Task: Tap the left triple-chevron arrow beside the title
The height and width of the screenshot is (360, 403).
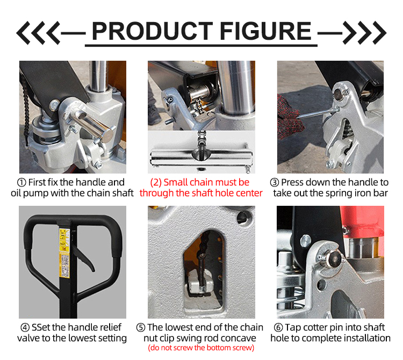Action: (x=38, y=33)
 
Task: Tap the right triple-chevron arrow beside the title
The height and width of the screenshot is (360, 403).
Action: (x=365, y=33)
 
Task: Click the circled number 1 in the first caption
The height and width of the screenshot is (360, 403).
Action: (x=22, y=183)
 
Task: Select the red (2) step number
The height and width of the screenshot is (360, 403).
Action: (x=156, y=183)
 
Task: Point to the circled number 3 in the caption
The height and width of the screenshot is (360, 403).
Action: (x=274, y=183)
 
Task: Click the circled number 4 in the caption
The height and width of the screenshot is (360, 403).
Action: (x=25, y=327)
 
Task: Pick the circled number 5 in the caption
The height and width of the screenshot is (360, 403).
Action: (x=141, y=327)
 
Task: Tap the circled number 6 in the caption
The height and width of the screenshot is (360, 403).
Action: (x=278, y=327)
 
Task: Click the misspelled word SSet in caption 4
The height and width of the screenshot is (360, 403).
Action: (x=42, y=327)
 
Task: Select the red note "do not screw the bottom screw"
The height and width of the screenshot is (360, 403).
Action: (x=201, y=348)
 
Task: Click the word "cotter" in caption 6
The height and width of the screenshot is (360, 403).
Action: (x=318, y=327)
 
